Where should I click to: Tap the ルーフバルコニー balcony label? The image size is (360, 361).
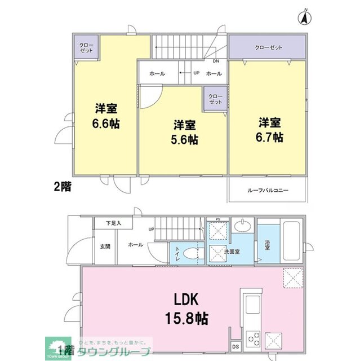pyautogui.click(x=268, y=191)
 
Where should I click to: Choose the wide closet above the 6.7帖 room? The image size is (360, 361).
pyautogui.click(x=268, y=47)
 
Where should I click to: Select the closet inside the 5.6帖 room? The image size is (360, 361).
pyautogui.click(x=215, y=99)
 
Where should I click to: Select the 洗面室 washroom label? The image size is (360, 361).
pyautogui.click(x=233, y=251)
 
